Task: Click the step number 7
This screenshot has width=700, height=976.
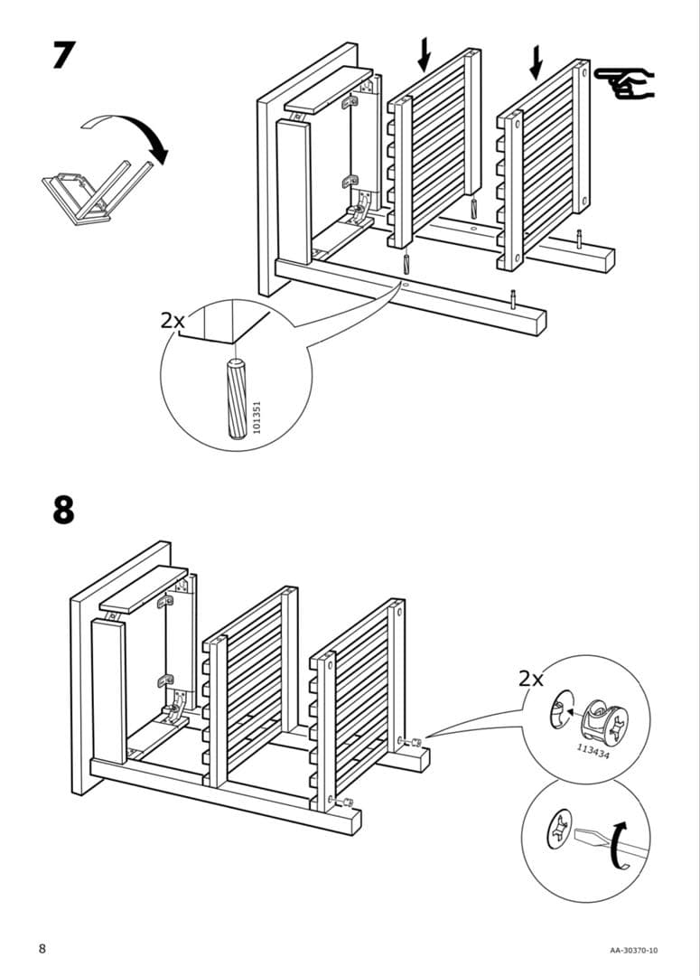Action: pos(61,55)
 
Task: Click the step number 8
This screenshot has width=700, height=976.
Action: pos(62,509)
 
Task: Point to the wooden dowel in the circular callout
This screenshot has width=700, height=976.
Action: pos(238,398)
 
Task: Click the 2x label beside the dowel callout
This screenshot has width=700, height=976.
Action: pos(172,320)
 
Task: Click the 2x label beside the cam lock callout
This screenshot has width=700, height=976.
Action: pos(532,679)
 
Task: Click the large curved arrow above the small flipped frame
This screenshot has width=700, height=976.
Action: pos(127,136)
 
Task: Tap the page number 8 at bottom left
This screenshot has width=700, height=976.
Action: pos(42,948)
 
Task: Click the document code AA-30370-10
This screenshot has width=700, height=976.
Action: pos(633,950)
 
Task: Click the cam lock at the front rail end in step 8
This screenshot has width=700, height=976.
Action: pos(344,800)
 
